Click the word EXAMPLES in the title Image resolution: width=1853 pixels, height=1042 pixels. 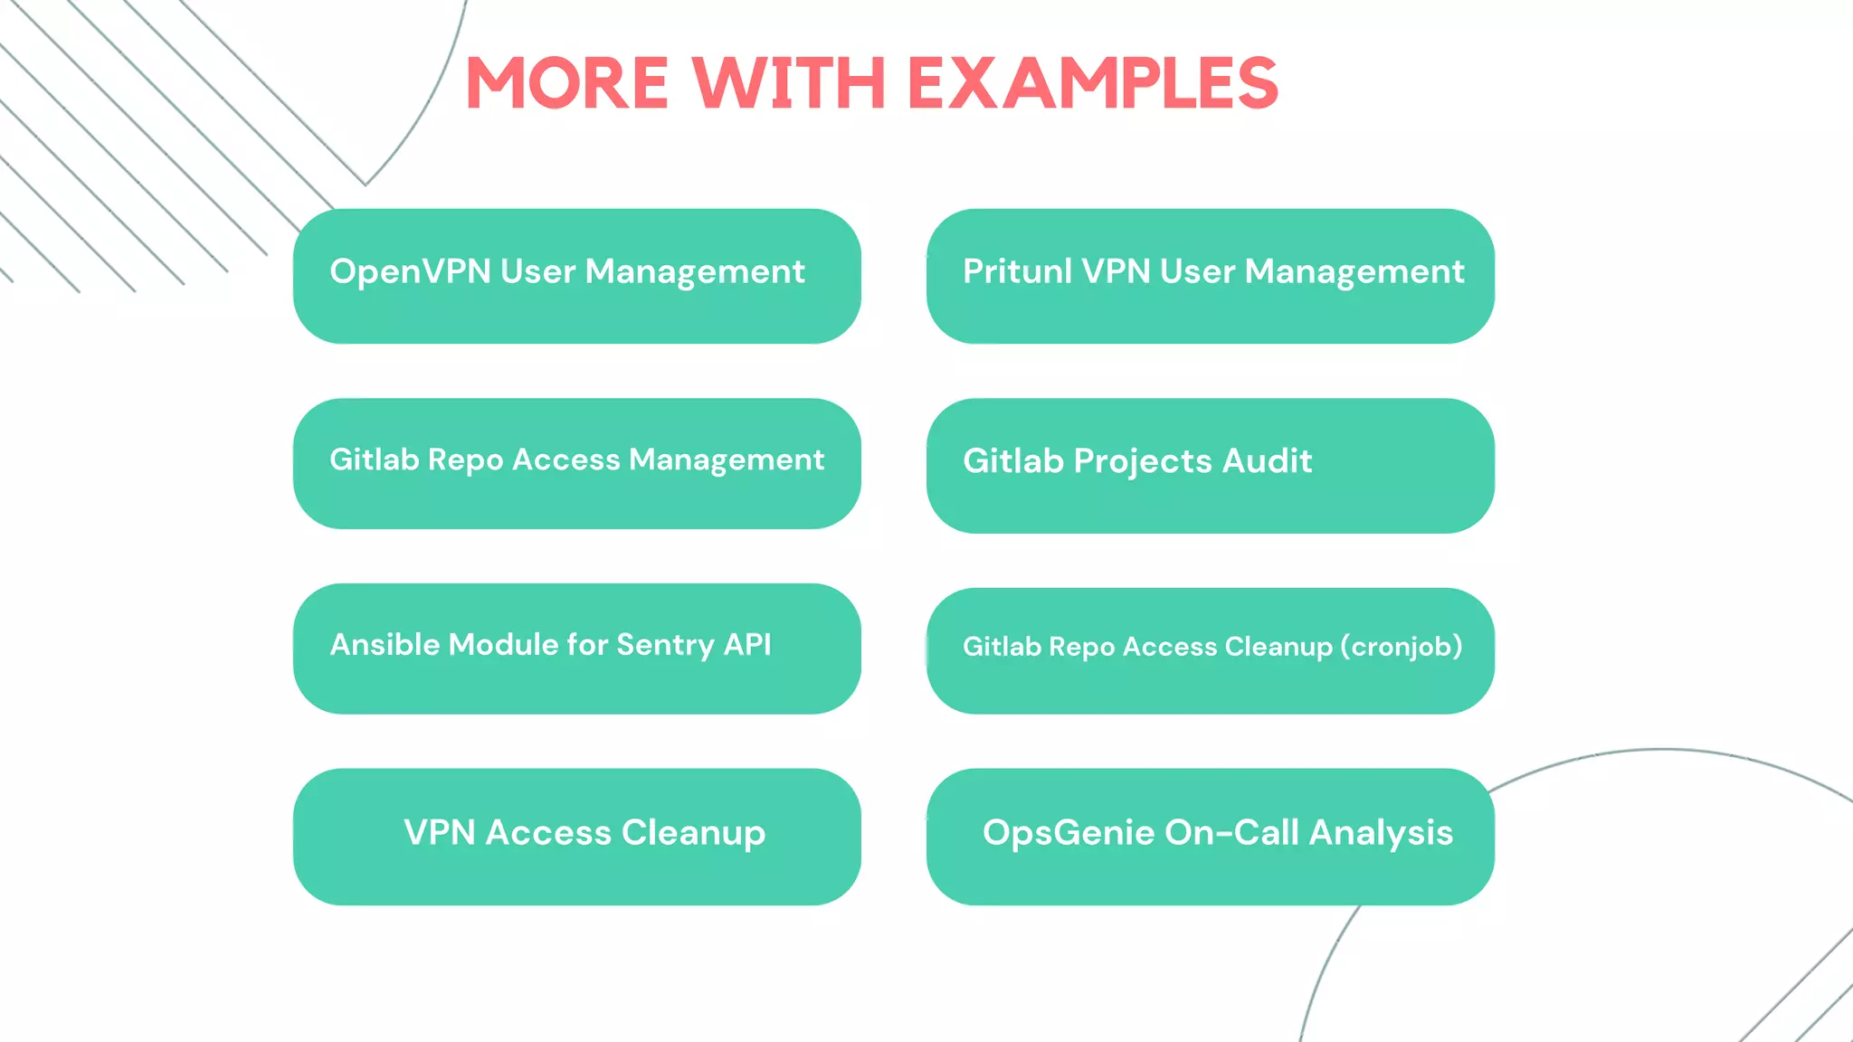[1092, 83]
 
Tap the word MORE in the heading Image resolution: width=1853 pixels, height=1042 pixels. [567, 83]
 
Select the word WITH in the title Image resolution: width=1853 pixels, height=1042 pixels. [789, 83]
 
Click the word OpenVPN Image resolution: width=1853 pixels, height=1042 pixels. [410, 271]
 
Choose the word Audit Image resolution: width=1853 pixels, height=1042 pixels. [1267, 461]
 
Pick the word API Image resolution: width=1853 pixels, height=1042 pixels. [747, 644]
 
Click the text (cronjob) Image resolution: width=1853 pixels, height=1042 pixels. [1402, 647]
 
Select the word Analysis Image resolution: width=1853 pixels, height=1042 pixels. [1381, 833]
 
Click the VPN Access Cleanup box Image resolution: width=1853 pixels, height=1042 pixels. [577, 837]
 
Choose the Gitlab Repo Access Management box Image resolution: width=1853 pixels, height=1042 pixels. [577, 463]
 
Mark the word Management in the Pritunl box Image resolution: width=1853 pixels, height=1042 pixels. [1354, 272]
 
